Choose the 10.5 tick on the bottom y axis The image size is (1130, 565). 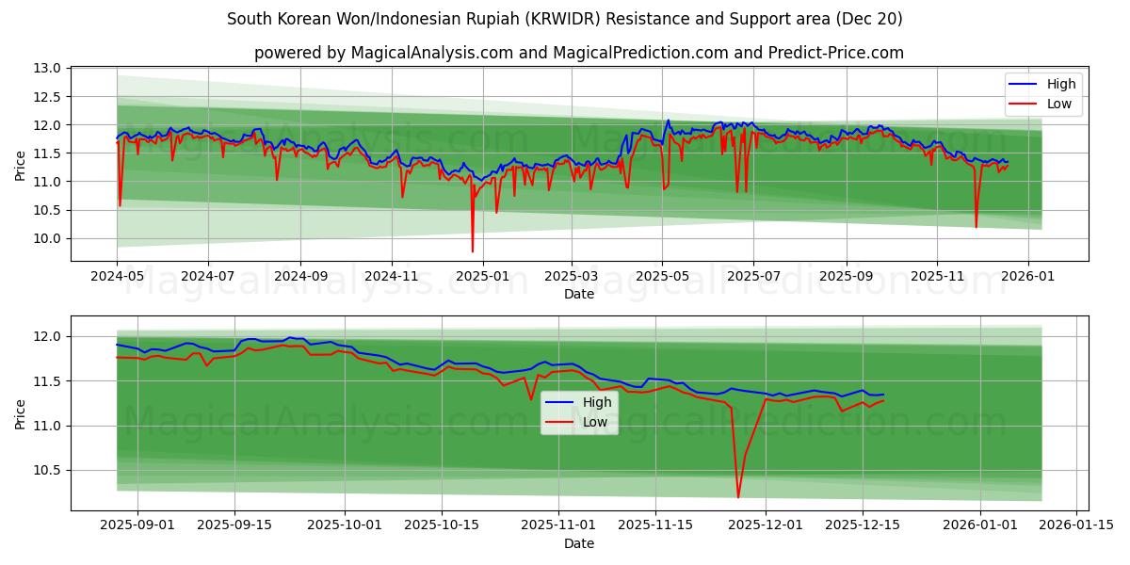click(49, 471)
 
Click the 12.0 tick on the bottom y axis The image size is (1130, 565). click(49, 337)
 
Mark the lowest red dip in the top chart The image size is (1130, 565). click(473, 251)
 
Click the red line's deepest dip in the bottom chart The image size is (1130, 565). click(738, 497)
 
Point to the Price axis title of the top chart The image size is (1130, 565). click(20, 165)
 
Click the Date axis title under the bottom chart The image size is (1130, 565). click(578, 543)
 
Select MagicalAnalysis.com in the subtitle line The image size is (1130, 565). click(416, 53)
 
